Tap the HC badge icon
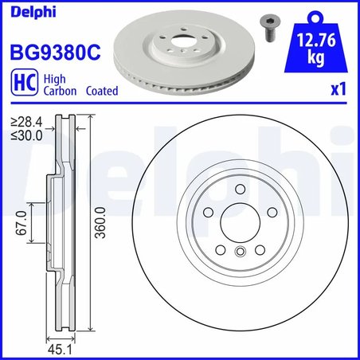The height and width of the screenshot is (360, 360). [x=23, y=85]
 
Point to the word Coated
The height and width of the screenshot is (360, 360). [x=100, y=92]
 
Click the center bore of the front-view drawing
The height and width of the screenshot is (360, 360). [x=240, y=224]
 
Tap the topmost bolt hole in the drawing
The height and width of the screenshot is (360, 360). [x=240, y=188]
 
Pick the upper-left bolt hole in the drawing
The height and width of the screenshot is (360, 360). [x=205, y=213]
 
